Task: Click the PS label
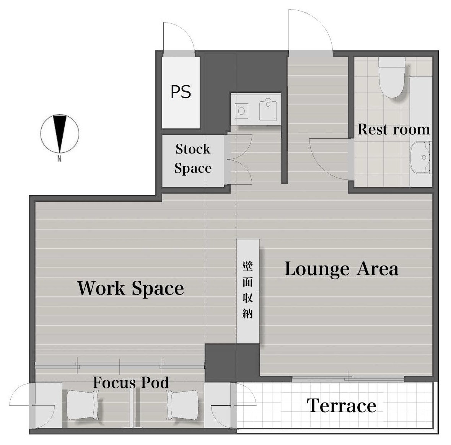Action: [181, 92]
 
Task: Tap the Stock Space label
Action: [193, 159]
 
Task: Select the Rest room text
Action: [394, 129]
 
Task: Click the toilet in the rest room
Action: [392, 77]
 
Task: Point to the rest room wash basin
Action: [420, 157]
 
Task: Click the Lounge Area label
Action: [342, 269]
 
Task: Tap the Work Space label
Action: [130, 288]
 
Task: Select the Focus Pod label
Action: [131, 383]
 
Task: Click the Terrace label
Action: [342, 406]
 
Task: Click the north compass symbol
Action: [60, 134]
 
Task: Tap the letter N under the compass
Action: [59, 158]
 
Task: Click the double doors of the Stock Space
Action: [239, 159]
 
